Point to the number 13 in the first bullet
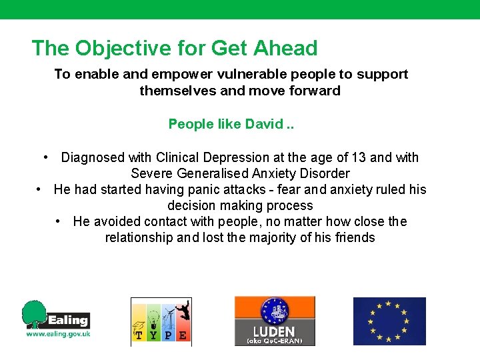[358, 157]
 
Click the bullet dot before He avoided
[59, 221]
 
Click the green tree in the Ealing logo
[35, 313]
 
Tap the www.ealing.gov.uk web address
[57, 334]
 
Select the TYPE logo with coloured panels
[161, 321]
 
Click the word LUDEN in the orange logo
[274, 331]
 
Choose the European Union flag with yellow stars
[389, 321]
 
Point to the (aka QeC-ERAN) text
[274, 341]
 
